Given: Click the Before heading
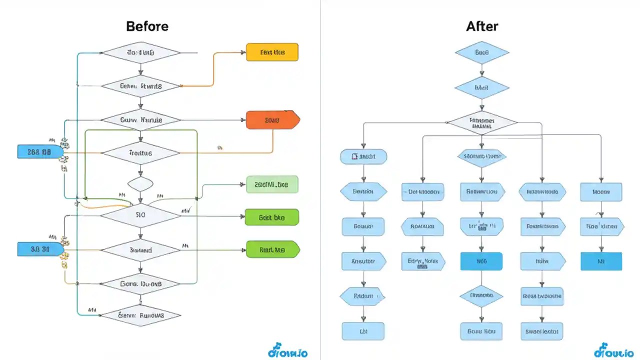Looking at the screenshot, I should point(147,26).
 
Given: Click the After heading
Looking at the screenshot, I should point(481,26).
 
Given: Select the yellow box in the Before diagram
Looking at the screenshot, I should point(272,52).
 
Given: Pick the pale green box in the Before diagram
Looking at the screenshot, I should point(272,184).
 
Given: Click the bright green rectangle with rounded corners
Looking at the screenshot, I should point(272,217).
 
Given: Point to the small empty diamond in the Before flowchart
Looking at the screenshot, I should point(141,183).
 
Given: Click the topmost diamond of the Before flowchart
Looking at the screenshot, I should point(141,52).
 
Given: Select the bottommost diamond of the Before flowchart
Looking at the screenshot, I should point(141,315).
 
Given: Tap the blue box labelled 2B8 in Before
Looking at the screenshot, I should point(40,151).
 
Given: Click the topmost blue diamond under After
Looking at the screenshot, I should point(481,52).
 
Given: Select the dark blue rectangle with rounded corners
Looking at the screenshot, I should point(481,261).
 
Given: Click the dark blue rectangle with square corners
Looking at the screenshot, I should point(601,261).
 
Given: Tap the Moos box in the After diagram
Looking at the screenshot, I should point(601,191).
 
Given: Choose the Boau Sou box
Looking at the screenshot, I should point(481,331).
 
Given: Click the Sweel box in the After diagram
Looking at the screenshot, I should point(542,331).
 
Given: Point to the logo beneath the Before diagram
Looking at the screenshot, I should point(287,352).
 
